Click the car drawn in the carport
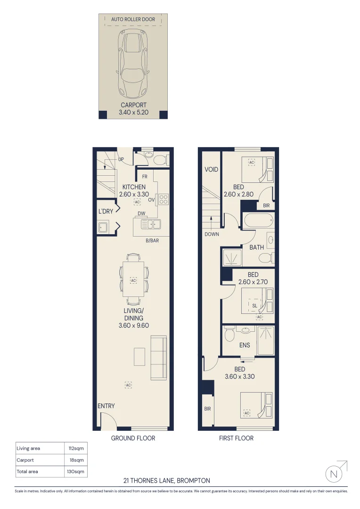(133, 63)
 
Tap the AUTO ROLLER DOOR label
(133, 20)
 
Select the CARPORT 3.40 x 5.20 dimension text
(133, 109)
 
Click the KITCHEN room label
(134, 187)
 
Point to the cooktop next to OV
(164, 199)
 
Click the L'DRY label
(106, 211)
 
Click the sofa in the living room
(158, 358)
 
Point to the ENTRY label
(106, 406)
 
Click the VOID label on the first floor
(212, 169)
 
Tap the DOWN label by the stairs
(212, 234)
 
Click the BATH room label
(257, 247)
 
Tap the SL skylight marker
(255, 305)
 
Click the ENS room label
(245, 345)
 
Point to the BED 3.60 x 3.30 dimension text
(239, 373)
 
